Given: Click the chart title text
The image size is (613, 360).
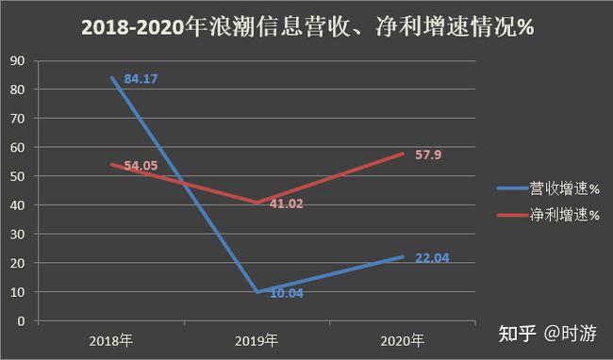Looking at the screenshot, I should point(306,29).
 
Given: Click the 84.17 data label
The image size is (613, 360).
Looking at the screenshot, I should point(139,79).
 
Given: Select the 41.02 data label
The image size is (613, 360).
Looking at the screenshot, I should point(284,204).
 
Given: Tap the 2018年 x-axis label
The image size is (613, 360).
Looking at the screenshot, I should point(110,339).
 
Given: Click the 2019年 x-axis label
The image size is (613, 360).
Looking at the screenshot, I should point(257,339).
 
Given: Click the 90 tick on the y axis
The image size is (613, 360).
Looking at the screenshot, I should point(16,60).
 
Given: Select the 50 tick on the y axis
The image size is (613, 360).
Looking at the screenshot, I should point(16,176).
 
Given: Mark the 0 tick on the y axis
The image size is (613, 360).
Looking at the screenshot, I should point(20,321).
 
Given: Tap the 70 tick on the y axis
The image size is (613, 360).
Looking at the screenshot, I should point(16,119).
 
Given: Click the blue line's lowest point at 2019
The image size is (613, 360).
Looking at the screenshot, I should point(257,292).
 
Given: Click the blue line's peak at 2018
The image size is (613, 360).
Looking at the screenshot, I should point(111,77).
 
